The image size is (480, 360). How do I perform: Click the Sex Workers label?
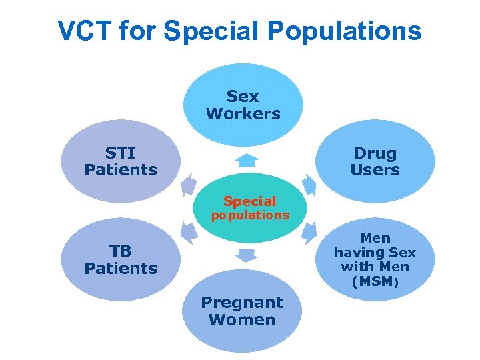point(243,105)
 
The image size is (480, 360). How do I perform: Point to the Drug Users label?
point(375,161)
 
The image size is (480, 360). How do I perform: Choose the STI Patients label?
point(121,161)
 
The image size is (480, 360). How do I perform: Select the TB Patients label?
point(121,260)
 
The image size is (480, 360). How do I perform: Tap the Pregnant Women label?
point(242,311)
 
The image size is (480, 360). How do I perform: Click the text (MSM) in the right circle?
point(375,282)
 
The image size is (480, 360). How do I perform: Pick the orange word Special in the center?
point(249,201)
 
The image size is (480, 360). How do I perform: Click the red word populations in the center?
point(250,215)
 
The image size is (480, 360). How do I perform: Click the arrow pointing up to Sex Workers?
point(247,161)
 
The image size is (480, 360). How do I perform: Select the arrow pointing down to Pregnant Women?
point(247,255)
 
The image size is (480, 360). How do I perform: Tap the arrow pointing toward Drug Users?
point(308,184)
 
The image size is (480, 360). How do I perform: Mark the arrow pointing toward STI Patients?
point(189,184)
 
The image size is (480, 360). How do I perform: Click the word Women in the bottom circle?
point(242,320)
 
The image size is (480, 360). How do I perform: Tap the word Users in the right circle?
point(375,170)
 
